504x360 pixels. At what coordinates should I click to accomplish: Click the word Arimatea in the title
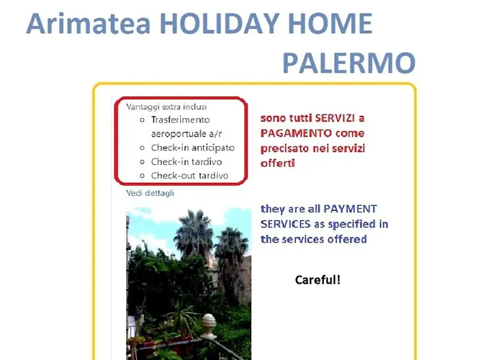click(89, 24)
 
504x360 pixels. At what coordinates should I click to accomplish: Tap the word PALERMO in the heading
click(349, 63)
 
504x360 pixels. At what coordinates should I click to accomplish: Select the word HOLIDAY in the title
click(220, 24)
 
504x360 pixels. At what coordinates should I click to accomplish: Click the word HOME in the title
click(330, 24)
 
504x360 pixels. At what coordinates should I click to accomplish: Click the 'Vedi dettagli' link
click(150, 193)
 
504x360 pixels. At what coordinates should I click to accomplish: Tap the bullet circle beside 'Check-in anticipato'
click(143, 148)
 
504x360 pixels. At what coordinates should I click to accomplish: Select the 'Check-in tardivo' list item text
click(186, 162)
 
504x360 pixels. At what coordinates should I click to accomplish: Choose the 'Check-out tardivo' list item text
click(189, 176)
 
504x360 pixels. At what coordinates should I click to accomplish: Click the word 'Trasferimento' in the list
click(180, 120)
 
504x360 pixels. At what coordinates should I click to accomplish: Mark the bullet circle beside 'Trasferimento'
click(143, 120)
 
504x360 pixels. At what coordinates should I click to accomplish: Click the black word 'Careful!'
click(318, 280)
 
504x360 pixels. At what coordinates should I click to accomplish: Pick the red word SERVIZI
click(335, 118)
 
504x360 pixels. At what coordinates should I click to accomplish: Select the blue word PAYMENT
click(350, 209)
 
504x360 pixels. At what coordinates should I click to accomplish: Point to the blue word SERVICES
click(285, 224)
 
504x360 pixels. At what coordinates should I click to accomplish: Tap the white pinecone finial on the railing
click(209, 326)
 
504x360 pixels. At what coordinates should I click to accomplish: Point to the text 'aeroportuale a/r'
click(186, 134)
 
